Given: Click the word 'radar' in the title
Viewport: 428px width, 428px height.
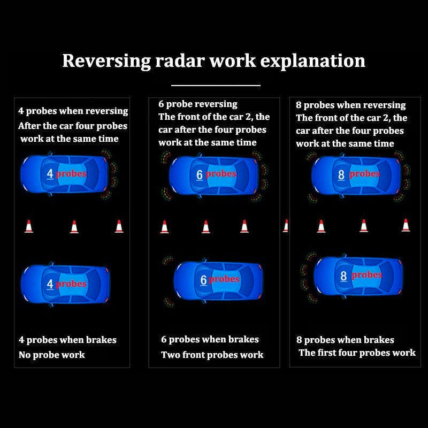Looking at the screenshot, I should [180, 60].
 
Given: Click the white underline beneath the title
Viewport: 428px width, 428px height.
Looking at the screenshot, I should [216, 85].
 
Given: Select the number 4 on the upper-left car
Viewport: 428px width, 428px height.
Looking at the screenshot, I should [50, 173].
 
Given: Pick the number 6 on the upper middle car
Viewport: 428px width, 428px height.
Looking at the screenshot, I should [200, 174].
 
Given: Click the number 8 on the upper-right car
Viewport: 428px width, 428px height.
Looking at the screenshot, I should [341, 174].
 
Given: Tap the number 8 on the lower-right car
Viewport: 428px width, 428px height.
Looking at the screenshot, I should [343, 276].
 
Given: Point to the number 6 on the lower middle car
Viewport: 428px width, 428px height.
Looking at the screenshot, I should [203, 280].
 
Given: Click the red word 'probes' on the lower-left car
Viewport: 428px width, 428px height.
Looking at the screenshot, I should [71, 284].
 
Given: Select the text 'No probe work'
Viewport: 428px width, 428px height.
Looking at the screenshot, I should [52, 355].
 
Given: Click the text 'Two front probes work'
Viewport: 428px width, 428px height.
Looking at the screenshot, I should [212, 355].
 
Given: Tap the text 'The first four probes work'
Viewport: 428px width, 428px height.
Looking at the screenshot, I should [357, 353].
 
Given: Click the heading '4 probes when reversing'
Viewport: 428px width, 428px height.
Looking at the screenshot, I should [73, 111].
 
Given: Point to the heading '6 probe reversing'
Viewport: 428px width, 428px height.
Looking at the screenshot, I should [198, 104].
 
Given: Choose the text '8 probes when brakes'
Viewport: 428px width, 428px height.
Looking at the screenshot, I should [345, 340].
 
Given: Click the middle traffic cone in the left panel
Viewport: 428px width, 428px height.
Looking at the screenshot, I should [74, 227].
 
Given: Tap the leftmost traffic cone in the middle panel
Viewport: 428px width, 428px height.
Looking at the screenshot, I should [164, 227].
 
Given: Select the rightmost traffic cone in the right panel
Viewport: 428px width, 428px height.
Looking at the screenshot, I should [406, 225].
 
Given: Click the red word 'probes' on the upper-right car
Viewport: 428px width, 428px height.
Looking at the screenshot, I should [364, 173].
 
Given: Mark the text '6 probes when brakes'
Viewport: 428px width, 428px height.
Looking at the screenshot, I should [210, 339].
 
